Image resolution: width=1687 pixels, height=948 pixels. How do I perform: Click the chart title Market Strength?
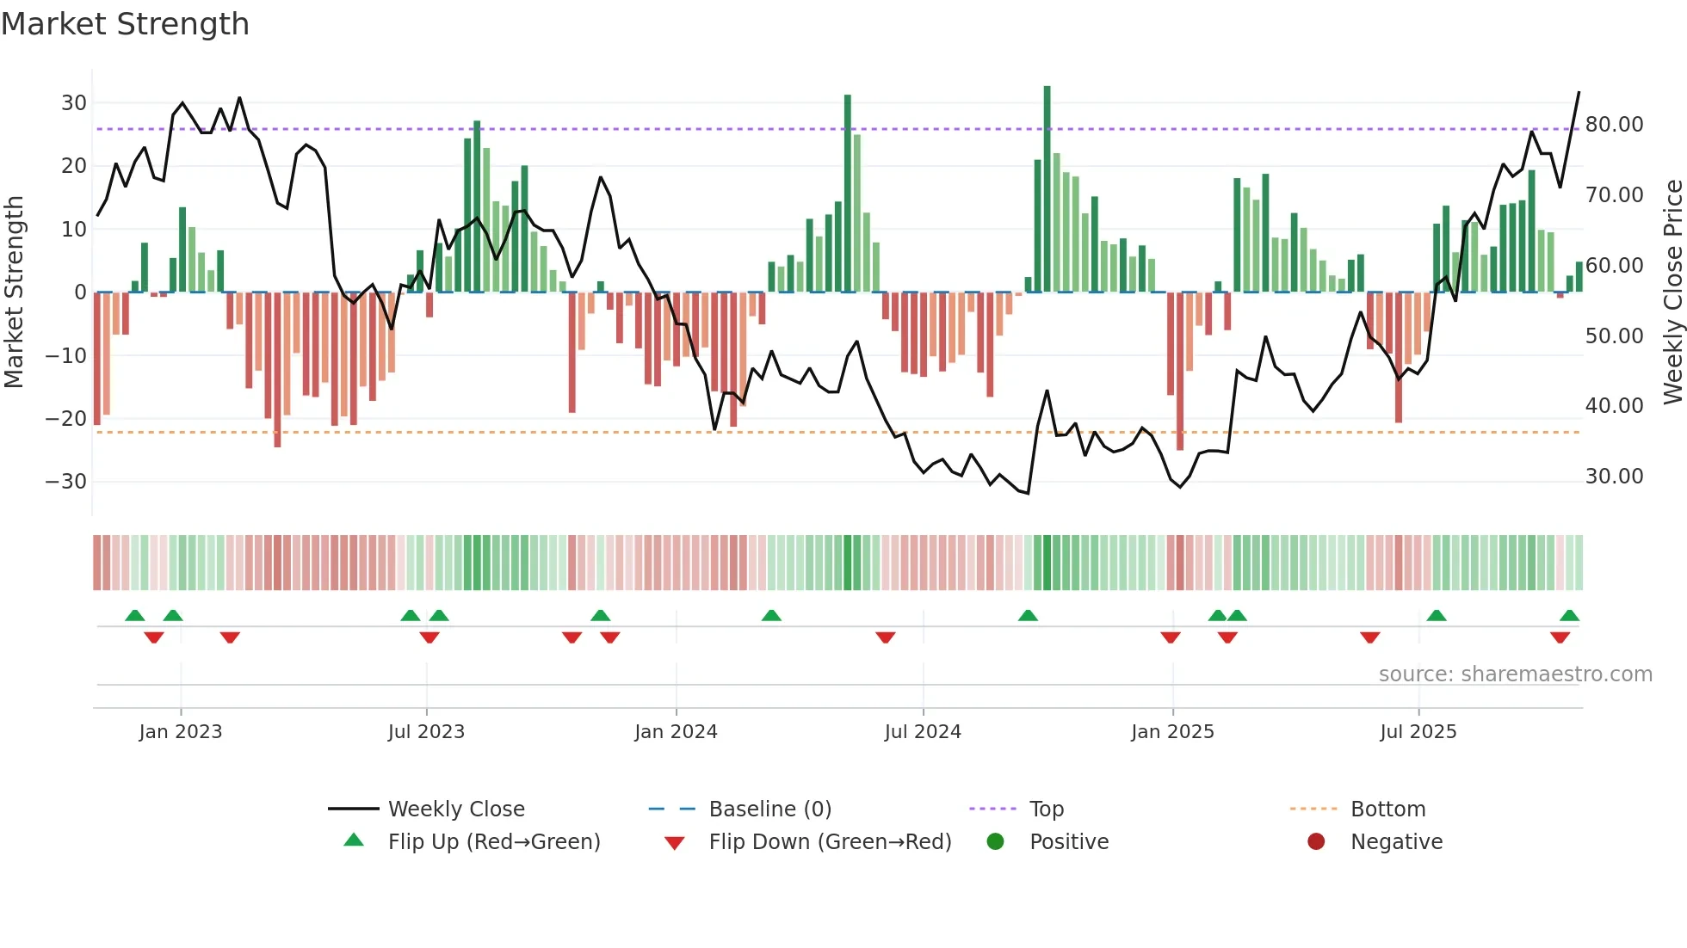click(x=125, y=24)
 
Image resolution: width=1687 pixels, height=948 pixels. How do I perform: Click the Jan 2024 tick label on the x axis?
click(x=676, y=732)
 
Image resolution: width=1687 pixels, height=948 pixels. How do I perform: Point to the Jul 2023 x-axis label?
click(x=426, y=732)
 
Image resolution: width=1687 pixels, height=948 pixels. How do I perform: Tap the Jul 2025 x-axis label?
click(x=1418, y=732)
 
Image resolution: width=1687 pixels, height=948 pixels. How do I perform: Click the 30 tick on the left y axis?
click(x=74, y=103)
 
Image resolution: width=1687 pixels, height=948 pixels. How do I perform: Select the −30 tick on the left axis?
click(x=66, y=482)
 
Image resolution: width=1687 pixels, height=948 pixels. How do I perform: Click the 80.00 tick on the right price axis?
click(x=1614, y=125)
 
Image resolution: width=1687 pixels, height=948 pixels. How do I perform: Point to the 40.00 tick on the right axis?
click(x=1614, y=406)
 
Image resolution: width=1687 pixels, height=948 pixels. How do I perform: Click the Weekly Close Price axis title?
click(x=1672, y=292)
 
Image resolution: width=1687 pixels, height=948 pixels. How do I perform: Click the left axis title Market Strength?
click(x=14, y=292)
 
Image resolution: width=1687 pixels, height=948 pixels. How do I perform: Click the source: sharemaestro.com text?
click(x=1515, y=674)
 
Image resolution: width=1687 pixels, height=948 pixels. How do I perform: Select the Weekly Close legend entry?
click(x=455, y=809)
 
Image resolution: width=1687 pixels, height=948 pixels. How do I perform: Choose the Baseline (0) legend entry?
click(x=769, y=809)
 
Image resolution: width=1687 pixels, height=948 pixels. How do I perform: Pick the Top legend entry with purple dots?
click(x=1046, y=809)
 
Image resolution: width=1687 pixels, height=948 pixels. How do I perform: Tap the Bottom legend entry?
click(x=1387, y=809)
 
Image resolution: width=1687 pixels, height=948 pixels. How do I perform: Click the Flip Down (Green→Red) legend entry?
click(x=830, y=842)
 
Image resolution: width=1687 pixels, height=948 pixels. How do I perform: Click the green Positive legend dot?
click(x=996, y=842)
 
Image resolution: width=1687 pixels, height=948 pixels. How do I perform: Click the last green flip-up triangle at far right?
click(x=1569, y=616)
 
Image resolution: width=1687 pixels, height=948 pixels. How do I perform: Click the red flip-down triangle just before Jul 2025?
click(x=1370, y=637)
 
